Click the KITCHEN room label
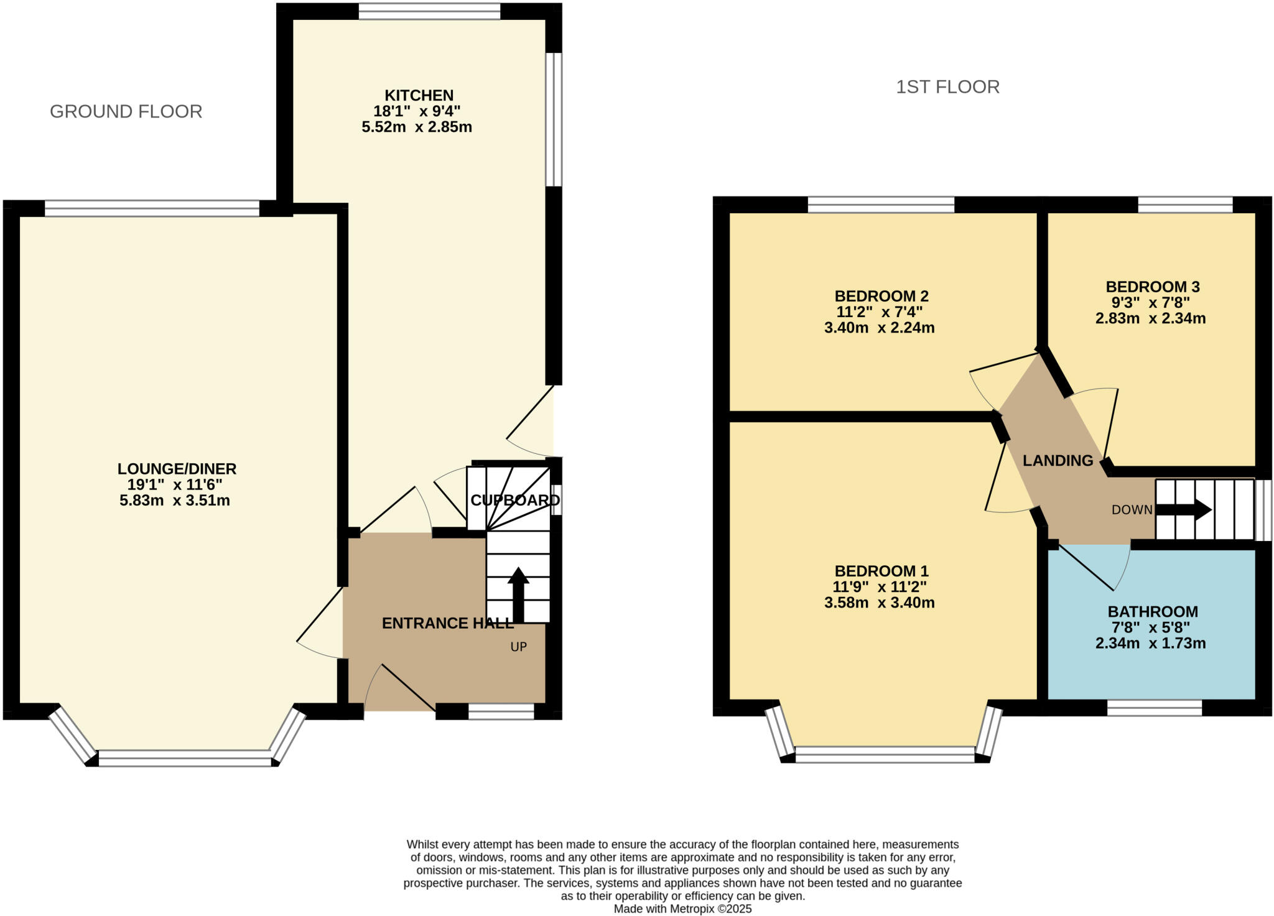[419, 96]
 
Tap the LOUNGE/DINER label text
[177, 469]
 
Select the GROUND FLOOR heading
[126, 111]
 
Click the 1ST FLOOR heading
[947, 86]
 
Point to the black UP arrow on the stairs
[518, 593]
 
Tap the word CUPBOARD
[515, 500]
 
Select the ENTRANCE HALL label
[447, 623]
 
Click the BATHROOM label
[1153, 611]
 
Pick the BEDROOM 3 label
[1152, 287]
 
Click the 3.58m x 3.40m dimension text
[879, 603]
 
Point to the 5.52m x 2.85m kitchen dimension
[417, 127]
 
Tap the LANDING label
[1058, 461]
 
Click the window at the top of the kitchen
[429, 11]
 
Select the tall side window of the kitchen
[554, 119]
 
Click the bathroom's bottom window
[1154, 708]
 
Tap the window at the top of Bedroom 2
[880, 205]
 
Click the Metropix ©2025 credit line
[682, 909]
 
